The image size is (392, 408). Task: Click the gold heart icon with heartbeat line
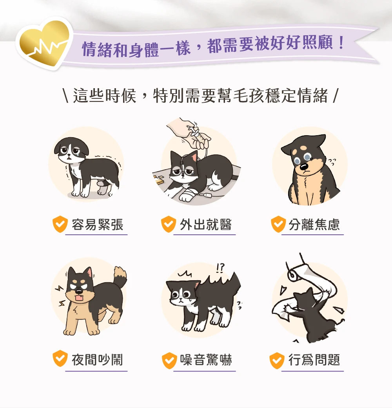click(44, 43)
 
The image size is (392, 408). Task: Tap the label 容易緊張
click(98, 225)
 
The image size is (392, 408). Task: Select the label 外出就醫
click(206, 225)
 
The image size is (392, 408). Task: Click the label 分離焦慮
click(314, 225)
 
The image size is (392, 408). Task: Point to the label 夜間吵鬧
click(98, 359)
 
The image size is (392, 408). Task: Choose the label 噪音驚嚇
click(206, 359)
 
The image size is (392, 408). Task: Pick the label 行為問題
click(314, 359)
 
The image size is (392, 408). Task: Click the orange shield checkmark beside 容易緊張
click(60, 225)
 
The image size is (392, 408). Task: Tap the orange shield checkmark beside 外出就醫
click(168, 225)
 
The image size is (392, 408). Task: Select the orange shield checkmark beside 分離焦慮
click(278, 225)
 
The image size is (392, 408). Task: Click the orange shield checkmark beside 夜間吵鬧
click(60, 359)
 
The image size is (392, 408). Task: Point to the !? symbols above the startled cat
click(221, 268)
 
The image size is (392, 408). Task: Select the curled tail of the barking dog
click(120, 276)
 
